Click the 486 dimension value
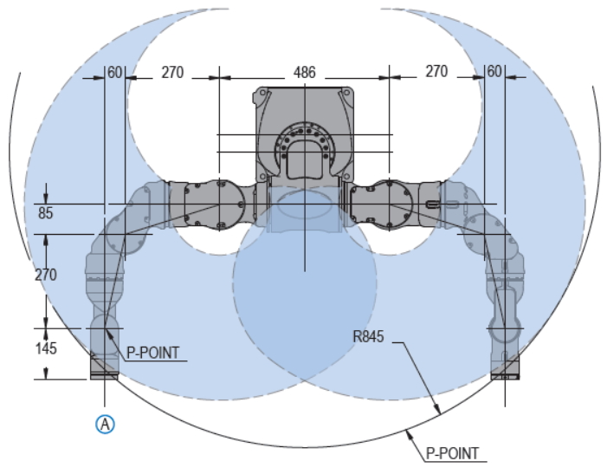[305, 73]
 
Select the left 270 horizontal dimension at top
[172, 73]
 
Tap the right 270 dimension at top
[436, 72]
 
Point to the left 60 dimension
[114, 73]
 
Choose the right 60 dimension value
[494, 72]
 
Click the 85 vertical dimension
[46, 213]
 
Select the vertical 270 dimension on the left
[46, 276]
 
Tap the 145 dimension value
[46, 348]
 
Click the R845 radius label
[369, 336]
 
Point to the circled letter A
[105, 424]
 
